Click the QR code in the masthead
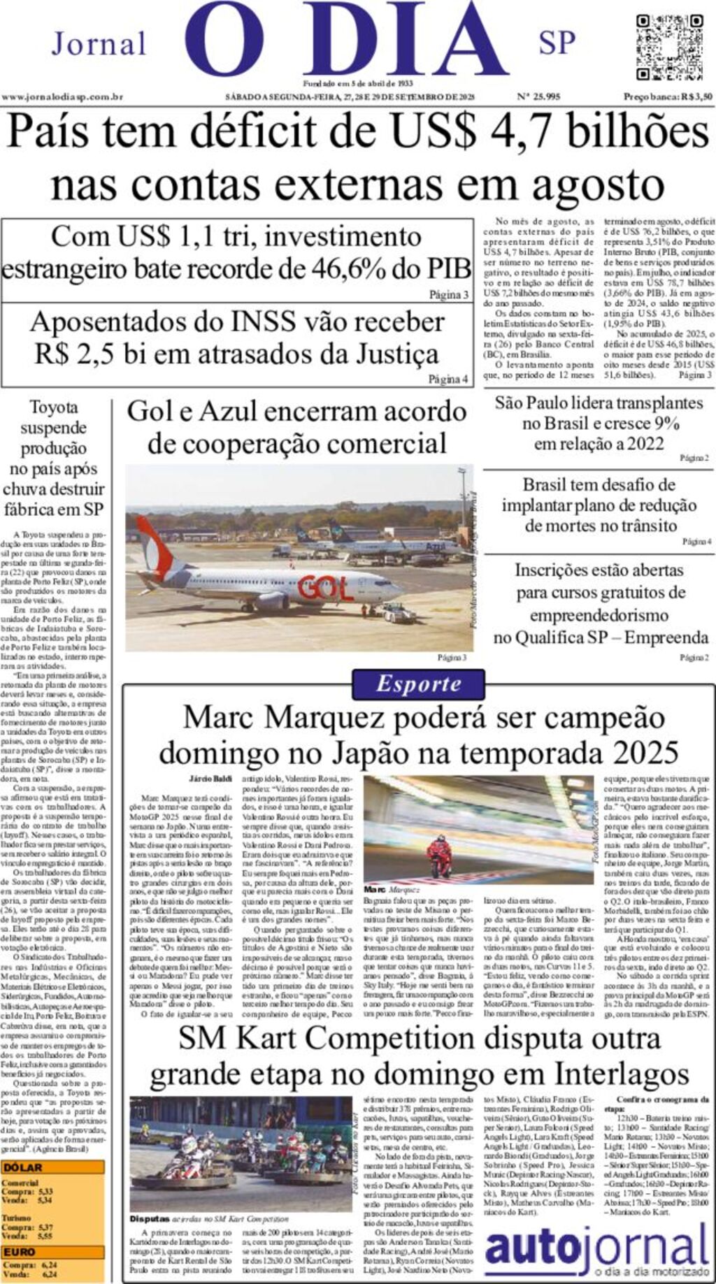tap(669, 47)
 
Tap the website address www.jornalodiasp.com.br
tap(63, 97)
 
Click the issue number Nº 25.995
tap(538, 97)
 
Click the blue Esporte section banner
tap(418, 684)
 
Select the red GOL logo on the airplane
tap(326, 588)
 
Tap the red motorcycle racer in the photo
tap(440, 858)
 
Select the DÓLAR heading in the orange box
tap(22, 1167)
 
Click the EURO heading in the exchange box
tap(19, 1251)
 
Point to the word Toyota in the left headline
tap(54, 407)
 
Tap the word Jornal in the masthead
tap(99, 44)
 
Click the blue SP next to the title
tap(557, 44)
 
